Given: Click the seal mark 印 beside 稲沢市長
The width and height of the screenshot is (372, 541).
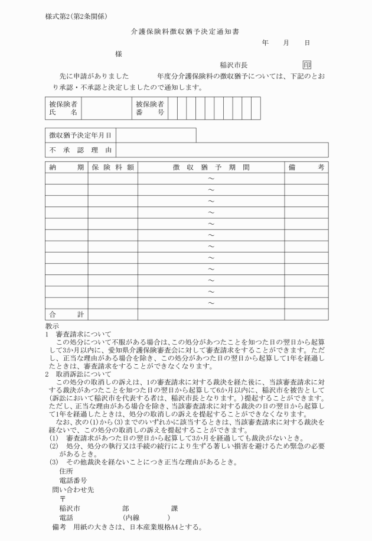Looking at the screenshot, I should pos(306,65).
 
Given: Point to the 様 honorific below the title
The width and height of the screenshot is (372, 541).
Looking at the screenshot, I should pos(119,53).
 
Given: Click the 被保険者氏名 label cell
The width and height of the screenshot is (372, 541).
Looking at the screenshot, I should pos(63,108).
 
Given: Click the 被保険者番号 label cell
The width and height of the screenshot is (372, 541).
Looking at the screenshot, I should pos(150,108).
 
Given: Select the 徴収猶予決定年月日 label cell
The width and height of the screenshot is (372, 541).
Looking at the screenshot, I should pos(80,135).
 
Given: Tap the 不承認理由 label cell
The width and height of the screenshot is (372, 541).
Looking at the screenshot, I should pos(80,150).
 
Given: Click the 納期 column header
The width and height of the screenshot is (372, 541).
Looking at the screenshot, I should pos(66,167).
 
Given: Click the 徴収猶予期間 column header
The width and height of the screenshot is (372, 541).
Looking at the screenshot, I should pos(211,167).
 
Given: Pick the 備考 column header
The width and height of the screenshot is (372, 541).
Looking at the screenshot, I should pos(306,167).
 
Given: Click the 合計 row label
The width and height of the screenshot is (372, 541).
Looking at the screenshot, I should pos(66,314).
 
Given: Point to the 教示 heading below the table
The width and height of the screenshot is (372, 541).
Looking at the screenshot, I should pos(52,326).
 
